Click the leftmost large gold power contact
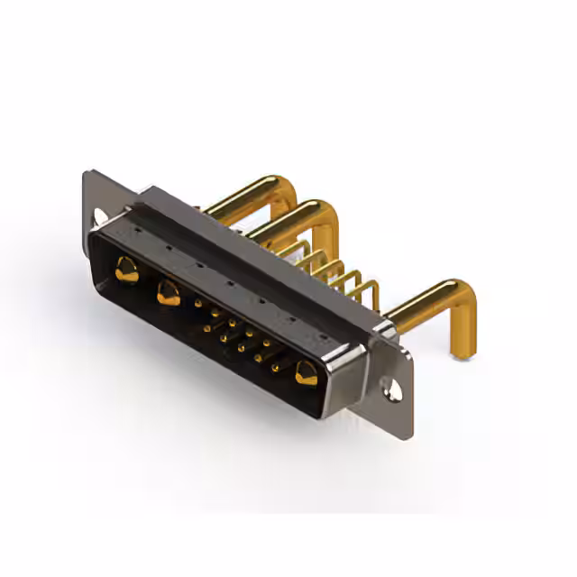(126, 269)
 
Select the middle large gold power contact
(168, 292)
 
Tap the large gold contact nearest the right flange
(306, 372)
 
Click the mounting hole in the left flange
(100, 216)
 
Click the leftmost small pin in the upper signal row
(197, 304)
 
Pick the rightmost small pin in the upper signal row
(266, 343)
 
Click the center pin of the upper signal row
(232, 323)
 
